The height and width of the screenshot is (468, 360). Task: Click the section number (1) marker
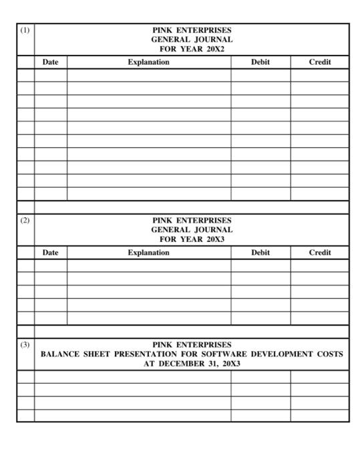point(25,31)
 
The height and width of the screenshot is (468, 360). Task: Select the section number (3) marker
point(25,345)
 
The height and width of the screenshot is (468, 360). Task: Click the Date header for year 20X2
point(51,62)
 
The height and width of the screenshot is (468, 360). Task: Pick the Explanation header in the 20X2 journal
point(149,62)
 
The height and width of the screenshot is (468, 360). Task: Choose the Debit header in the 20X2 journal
point(260,62)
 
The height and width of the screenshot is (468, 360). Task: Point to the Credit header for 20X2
point(320,62)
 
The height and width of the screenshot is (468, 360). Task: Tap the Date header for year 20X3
point(51,253)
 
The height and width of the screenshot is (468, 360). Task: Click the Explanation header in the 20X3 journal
point(149,253)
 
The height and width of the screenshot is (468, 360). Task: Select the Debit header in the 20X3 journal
point(260,253)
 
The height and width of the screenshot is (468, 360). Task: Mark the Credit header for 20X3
point(320,253)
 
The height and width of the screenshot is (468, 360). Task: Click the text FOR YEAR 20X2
point(192,49)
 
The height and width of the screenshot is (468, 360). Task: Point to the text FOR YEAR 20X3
point(192,239)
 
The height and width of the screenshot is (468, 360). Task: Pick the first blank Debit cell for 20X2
point(260,75)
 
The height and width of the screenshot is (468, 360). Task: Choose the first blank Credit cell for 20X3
point(320,265)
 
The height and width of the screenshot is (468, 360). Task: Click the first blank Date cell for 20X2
point(51,75)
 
